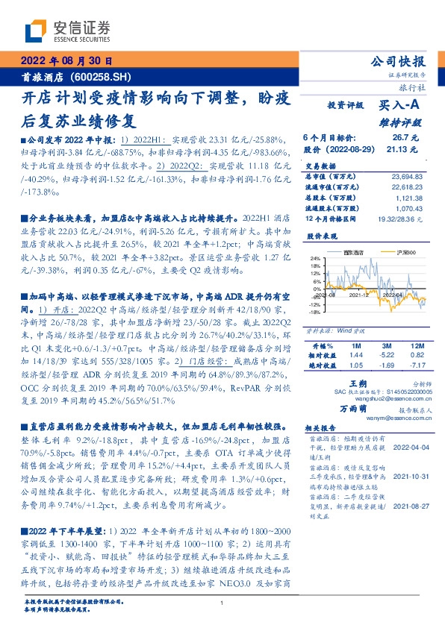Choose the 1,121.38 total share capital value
(x=411, y=198)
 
